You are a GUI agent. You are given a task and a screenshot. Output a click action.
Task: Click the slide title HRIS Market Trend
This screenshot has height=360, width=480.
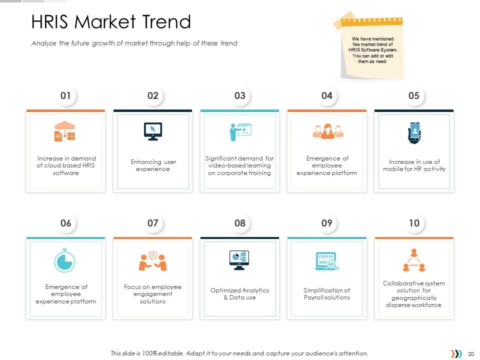(x=111, y=22)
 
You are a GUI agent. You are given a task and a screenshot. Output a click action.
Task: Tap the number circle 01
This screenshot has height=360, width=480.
(x=65, y=96)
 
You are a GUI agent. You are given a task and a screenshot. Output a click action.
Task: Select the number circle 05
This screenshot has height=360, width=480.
(x=413, y=96)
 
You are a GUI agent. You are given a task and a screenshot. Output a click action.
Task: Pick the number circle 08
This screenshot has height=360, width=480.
(x=239, y=223)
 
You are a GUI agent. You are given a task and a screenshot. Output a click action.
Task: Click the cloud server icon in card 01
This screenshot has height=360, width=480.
(x=65, y=131)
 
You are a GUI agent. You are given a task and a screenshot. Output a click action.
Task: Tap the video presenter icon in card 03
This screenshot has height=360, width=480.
(x=239, y=131)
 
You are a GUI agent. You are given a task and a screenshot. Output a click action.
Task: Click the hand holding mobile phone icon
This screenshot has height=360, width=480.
(x=414, y=132)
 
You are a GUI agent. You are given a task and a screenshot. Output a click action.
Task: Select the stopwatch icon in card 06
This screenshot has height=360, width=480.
(x=64, y=260)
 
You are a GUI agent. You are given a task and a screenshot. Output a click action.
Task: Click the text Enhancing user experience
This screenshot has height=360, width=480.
(x=153, y=165)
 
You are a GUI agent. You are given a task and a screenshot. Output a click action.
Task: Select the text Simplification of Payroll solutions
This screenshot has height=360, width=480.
(x=326, y=294)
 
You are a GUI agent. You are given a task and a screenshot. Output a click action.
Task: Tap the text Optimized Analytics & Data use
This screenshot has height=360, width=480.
(x=239, y=294)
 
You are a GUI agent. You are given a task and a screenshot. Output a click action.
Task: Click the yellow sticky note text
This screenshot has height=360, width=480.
(x=372, y=50)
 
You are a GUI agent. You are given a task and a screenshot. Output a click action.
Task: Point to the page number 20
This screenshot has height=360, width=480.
(x=470, y=354)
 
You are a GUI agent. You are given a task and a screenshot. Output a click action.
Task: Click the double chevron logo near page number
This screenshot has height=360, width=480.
(x=456, y=354)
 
